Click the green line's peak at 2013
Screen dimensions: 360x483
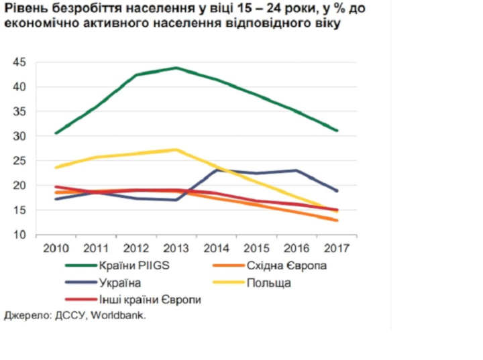[x=175, y=68]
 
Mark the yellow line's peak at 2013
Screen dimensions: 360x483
[x=175, y=149]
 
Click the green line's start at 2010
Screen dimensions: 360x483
[x=56, y=133]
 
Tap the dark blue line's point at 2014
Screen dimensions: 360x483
[x=217, y=170]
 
